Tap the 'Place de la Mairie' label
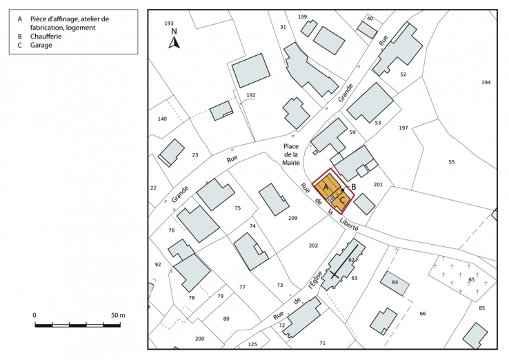291,155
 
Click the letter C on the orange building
342,199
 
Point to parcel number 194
486,83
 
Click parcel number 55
452,162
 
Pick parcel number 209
292,219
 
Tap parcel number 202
314,246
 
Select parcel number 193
169,23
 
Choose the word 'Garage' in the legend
41,45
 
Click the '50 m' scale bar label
118,315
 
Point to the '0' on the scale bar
35,315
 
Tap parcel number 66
423,314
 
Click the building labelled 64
395,283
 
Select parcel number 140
162,119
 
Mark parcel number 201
378,184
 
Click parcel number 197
403,128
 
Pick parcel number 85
482,308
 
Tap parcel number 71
322,343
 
